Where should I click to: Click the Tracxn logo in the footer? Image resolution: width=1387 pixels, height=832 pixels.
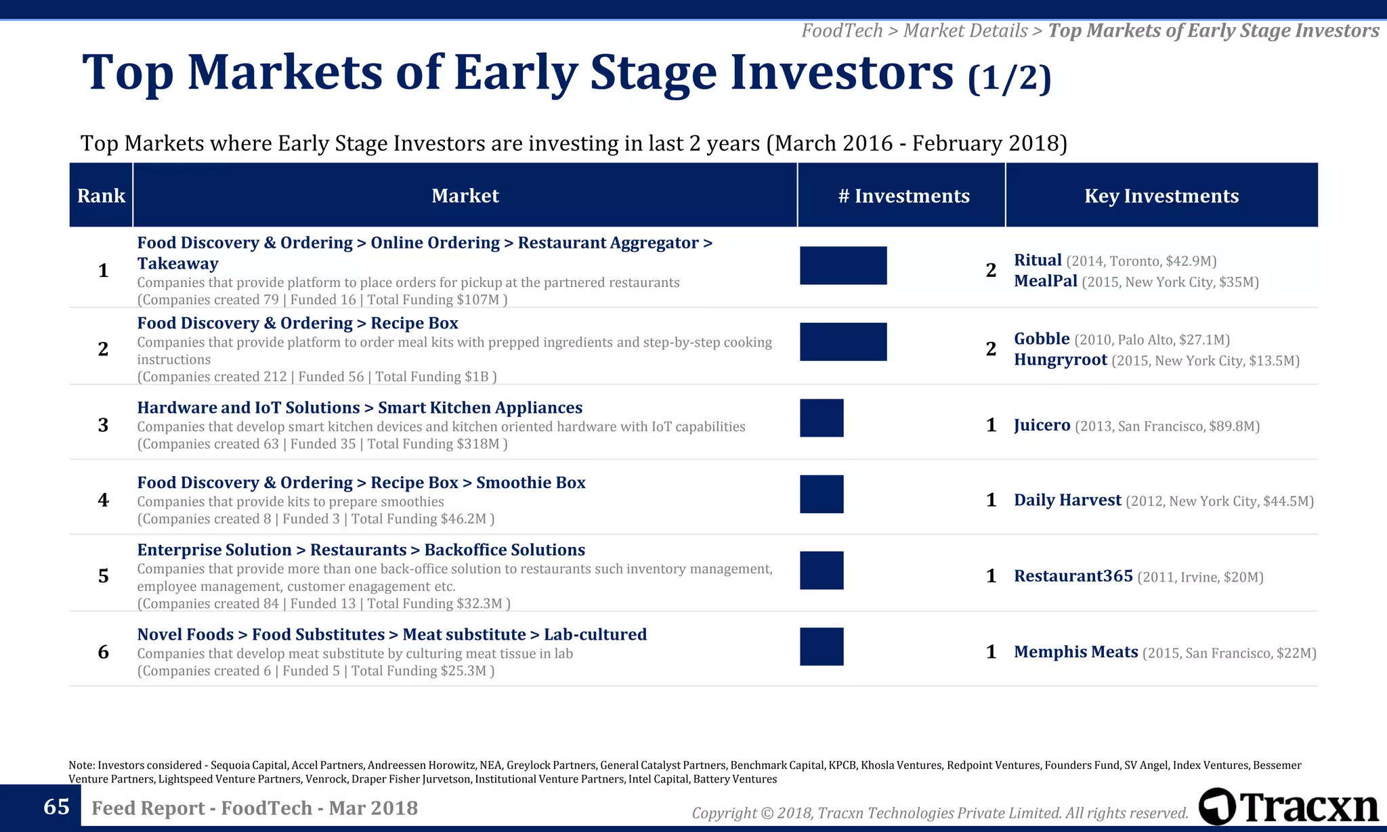click(x=1289, y=806)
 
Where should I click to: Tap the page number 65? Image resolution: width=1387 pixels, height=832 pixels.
click(x=56, y=807)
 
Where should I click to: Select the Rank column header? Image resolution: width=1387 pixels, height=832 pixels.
click(x=101, y=196)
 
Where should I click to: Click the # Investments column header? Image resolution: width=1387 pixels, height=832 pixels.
click(x=903, y=196)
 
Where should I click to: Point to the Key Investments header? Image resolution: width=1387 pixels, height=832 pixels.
click(x=1161, y=196)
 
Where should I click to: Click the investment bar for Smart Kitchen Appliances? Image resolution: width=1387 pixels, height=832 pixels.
click(x=821, y=418)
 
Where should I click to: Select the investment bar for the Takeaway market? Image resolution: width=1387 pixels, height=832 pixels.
click(x=843, y=265)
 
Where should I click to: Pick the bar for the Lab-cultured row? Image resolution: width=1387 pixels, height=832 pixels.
click(x=821, y=647)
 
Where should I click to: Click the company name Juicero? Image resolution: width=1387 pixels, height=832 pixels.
click(x=1042, y=425)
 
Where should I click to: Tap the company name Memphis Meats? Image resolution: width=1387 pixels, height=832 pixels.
click(x=1075, y=652)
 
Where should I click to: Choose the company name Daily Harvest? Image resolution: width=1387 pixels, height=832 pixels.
click(x=1067, y=500)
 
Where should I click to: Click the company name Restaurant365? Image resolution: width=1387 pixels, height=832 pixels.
click(x=1073, y=576)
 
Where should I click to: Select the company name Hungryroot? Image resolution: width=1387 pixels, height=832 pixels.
click(x=1060, y=359)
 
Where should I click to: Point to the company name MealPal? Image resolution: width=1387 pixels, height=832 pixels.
click(x=1045, y=281)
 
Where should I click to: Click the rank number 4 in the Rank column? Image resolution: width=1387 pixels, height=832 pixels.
click(x=103, y=500)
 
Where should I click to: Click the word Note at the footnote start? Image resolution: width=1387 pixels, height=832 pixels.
click(x=81, y=765)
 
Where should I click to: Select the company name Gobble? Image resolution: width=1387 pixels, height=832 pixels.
click(x=1042, y=338)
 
